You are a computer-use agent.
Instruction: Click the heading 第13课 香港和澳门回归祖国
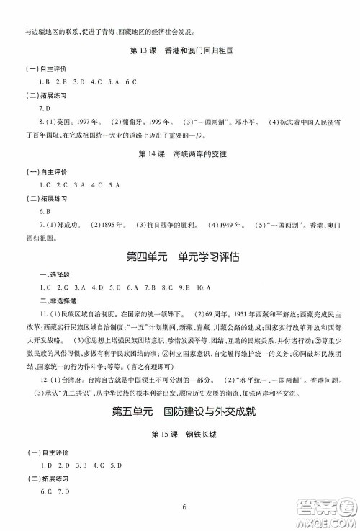pos(181,52)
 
